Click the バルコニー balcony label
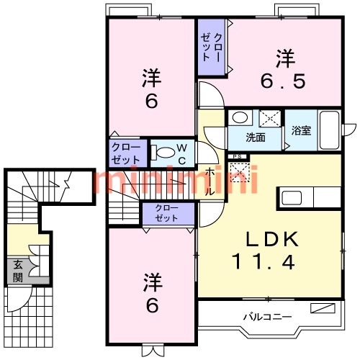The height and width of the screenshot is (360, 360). tap(267, 315)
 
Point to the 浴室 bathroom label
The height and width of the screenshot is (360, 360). tap(301, 131)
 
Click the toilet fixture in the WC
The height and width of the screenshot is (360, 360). tap(165, 152)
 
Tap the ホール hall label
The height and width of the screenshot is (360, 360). tap(210, 182)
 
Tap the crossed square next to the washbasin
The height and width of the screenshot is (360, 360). tap(269, 118)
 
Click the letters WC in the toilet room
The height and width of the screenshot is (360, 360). tap(183, 153)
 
